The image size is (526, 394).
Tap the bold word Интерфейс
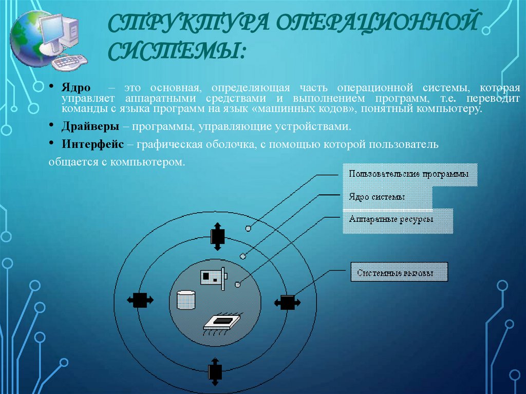[93, 144]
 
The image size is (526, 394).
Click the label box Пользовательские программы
[409, 175]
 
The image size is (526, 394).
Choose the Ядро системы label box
[387, 197]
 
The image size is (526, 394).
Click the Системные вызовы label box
[399, 273]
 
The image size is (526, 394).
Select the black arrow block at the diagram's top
[217, 236]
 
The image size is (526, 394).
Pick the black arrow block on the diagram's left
[140, 300]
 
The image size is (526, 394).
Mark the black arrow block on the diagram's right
[288, 302]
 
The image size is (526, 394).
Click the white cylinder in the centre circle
[186, 300]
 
